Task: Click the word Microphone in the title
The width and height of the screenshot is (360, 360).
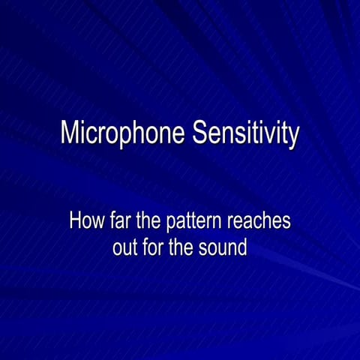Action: point(123,133)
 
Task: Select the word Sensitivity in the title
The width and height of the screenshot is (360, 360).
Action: point(245,133)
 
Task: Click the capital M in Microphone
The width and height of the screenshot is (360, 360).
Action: point(69,133)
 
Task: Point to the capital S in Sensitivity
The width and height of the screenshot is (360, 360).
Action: point(199,133)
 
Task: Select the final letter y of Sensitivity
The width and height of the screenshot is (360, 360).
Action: point(294,136)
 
